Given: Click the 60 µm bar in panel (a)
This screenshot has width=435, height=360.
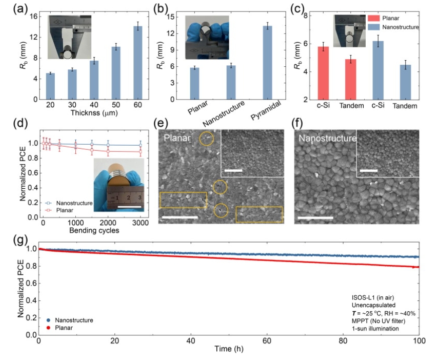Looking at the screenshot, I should coord(134,63).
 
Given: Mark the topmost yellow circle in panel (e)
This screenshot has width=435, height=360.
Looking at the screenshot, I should coord(206,139).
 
